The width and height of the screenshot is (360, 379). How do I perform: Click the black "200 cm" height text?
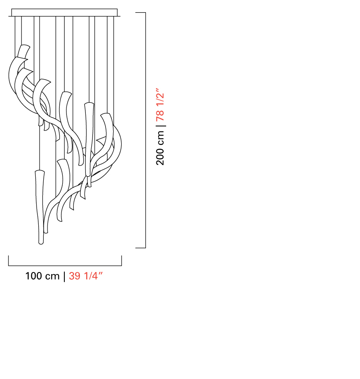(160, 148)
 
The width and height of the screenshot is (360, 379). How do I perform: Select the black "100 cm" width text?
(42, 276)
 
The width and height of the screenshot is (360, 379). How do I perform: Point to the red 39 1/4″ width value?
(86, 276)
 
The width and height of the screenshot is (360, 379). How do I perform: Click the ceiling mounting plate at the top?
(64, 13)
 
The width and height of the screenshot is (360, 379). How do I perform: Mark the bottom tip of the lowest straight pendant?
(41, 244)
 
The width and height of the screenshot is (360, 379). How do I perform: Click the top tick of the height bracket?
(140, 12)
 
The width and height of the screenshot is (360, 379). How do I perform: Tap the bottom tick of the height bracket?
(140, 248)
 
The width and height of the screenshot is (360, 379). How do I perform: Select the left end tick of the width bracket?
(9, 261)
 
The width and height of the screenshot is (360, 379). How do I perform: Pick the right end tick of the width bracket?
(122, 261)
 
